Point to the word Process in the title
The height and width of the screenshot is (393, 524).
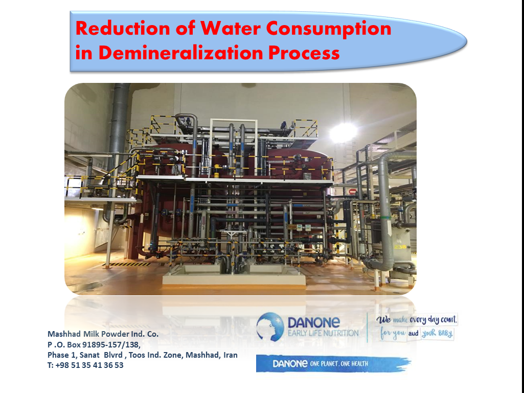click(x=304, y=53)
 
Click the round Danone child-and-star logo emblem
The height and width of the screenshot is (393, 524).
click(x=270, y=327)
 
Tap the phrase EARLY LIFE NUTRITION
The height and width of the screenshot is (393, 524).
click(x=323, y=333)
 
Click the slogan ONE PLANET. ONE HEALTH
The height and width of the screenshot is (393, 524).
click(x=339, y=363)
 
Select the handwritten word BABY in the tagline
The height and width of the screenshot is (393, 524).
click(x=444, y=334)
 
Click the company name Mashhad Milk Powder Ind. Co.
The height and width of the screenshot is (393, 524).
click(x=103, y=334)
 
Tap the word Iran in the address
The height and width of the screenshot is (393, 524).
click(x=230, y=355)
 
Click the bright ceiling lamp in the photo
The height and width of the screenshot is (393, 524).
click(x=343, y=132)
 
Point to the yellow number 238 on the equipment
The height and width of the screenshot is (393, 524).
click(x=400, y=247)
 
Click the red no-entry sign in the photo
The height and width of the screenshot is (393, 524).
click(x=353, y=191)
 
